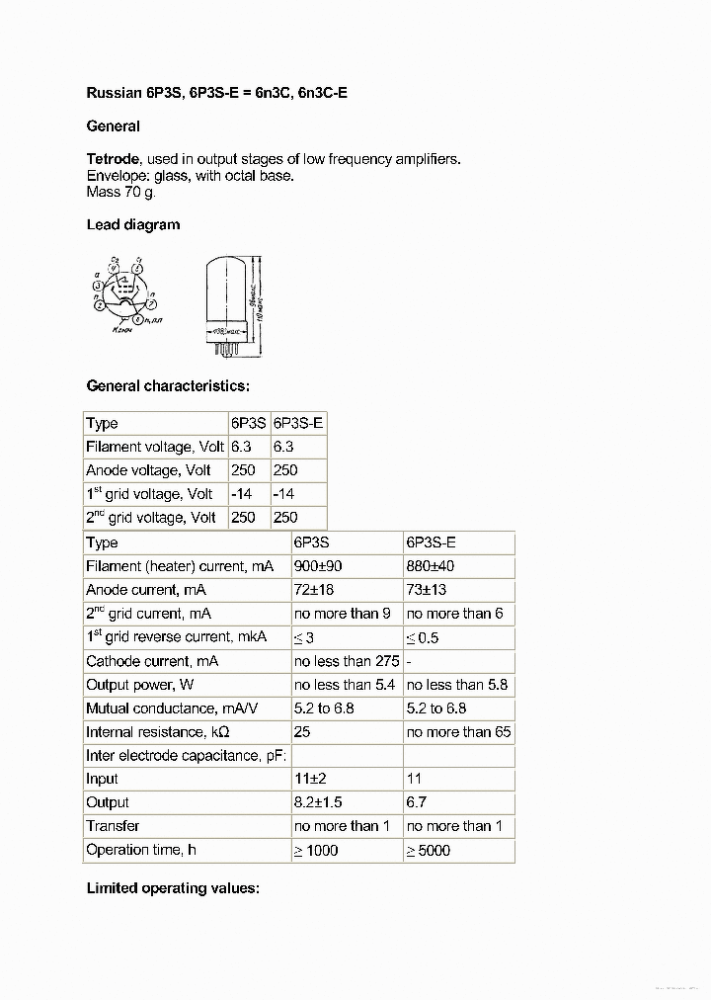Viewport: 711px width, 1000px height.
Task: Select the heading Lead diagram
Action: pos(133,224)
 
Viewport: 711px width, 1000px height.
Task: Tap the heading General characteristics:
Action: pos(168,386)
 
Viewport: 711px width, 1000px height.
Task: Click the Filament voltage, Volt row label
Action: pos(155,447)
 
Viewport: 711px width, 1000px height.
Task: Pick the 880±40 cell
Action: pos(431,566)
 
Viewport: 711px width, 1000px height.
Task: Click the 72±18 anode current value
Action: pos(315,590)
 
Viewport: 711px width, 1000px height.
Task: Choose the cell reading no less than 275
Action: pos(346,661)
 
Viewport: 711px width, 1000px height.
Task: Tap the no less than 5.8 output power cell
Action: pos(457,685)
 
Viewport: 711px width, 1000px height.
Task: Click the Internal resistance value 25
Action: pos(303,732)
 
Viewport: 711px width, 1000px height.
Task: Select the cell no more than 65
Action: pos(459,732)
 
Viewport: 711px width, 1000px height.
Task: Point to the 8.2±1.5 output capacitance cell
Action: pos(318,802)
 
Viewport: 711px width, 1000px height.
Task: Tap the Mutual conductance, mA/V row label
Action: pos(166,708)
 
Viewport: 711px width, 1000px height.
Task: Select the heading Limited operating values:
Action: pos(173,888)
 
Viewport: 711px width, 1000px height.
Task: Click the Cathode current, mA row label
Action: pos(152,661)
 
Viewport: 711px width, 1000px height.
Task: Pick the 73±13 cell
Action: pos(427,590)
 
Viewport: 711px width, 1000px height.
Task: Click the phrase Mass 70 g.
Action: pos(120,192)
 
